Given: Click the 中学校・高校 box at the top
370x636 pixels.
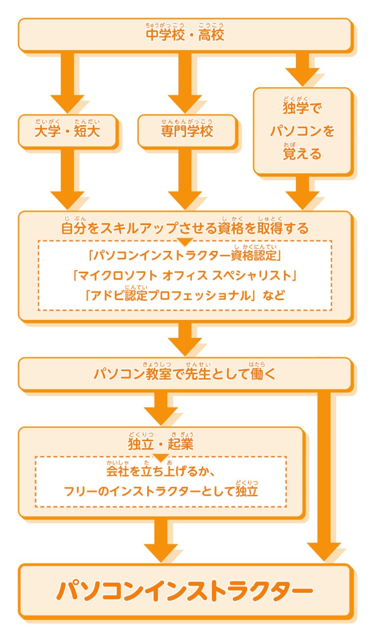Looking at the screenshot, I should click(x=185, y=35).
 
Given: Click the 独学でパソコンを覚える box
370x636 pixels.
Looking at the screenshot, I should click(x=302, y=131).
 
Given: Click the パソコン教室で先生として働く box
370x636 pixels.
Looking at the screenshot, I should click(x=185, y=374).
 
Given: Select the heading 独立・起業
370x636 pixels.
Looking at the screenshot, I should click(x=160, y=443).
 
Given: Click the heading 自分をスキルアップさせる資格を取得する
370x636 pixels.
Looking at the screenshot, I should click(x=185, y=228).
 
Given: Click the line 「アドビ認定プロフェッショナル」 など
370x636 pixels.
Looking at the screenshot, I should click(x=185, y=296).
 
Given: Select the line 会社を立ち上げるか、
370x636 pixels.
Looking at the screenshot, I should click(x=160, y=470).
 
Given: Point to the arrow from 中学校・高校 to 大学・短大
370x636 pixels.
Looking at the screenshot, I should click(x=69, y=82).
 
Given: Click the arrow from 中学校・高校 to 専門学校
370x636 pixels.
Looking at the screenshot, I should click(x=185, y=82).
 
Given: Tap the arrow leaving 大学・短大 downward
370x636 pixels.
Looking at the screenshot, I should click(x=69, y=179).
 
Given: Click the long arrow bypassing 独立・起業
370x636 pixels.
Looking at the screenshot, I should click(x=324, y=472).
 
